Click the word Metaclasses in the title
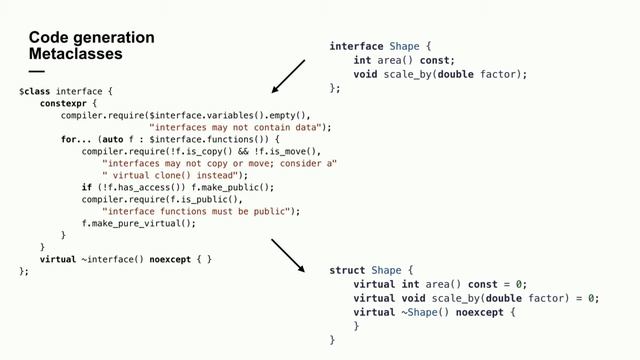76,53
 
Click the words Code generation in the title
92,38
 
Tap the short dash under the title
37,71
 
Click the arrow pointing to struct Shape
288,255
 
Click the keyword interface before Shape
356,47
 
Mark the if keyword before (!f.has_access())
86,187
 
